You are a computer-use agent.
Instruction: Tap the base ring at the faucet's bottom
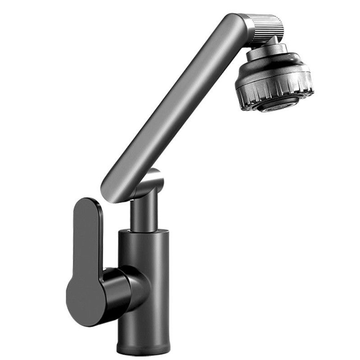point(143,348)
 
